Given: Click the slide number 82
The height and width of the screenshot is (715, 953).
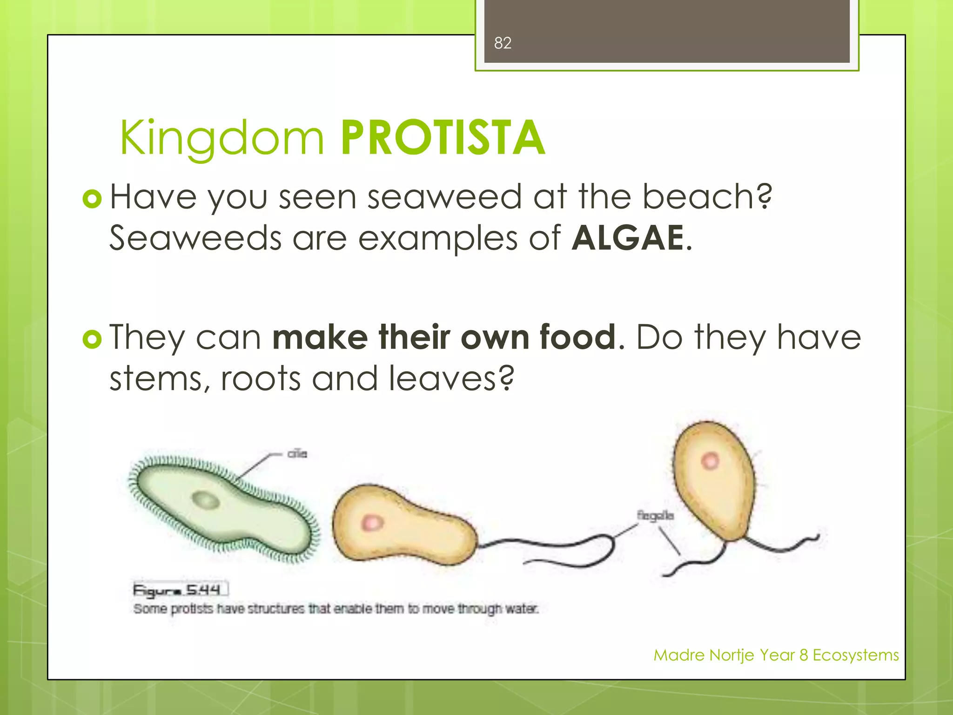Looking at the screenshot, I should (503, 43).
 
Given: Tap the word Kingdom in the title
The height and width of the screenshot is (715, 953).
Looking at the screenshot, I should (222, 138).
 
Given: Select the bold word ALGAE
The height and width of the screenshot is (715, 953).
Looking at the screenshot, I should (628, 238).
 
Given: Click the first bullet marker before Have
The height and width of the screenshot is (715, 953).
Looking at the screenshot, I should (92, 199).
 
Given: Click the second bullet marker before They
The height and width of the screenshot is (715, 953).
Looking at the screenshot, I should (92, 339).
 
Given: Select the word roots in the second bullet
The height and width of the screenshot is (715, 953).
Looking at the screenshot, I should (261, 378).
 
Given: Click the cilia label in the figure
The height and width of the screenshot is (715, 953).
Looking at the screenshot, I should (297, 453).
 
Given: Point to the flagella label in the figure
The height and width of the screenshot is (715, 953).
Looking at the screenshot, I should (655, 516).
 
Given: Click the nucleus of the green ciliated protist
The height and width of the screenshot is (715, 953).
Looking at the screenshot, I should (206, 501).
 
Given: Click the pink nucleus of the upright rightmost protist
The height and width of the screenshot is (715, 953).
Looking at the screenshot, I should (710, 461).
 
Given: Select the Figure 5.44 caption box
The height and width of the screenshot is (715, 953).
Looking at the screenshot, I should (181, 590).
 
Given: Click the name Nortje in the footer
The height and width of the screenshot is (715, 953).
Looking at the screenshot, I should (732, 655).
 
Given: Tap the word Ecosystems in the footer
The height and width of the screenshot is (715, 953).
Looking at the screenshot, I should (855, 655).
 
